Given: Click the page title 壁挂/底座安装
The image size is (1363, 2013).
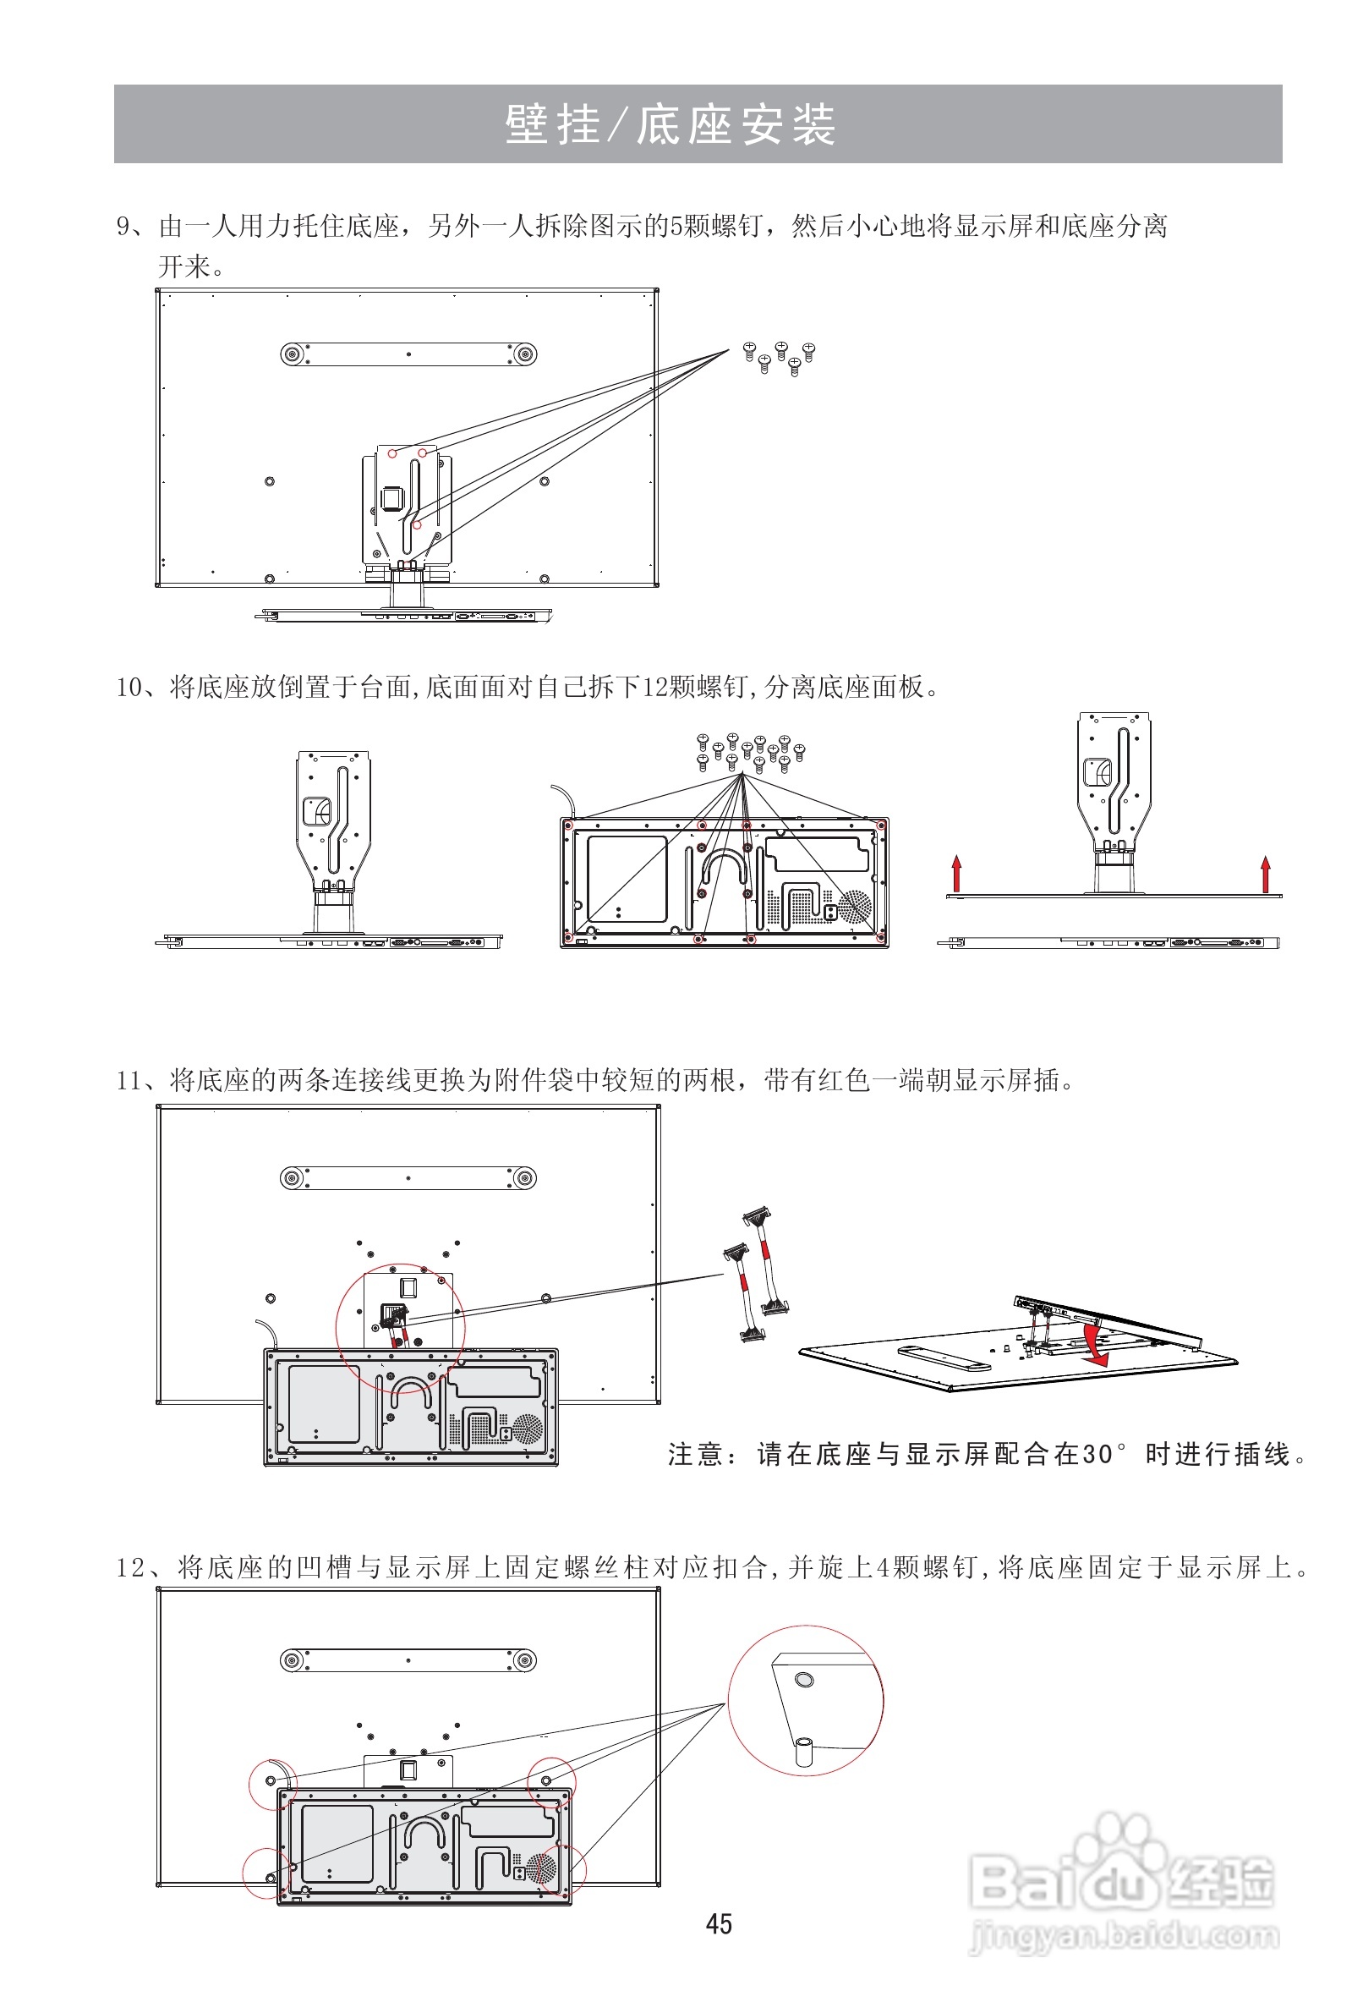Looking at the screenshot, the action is pos(671,124).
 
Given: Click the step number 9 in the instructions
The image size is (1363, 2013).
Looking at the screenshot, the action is pos(123,227).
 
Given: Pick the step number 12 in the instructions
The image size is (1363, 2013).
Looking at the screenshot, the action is pos(130,1567).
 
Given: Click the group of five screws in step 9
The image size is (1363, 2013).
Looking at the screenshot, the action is pos(780,357).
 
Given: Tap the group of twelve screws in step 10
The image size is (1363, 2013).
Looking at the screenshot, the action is pos(750,752).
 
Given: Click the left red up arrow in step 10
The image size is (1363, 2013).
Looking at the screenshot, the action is pos(956,873).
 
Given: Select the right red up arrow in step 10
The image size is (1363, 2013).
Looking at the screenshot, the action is pos(1265,873).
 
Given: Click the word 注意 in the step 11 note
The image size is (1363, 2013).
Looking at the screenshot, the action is pos(696,1454).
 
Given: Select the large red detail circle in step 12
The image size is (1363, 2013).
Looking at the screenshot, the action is pos(805,1699).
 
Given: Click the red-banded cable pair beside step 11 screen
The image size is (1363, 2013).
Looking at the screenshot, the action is pos(755,1274).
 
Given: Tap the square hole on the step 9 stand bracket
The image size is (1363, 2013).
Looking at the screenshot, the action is pos(391,497).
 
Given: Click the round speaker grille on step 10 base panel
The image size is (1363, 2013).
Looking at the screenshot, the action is pos(856,905).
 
